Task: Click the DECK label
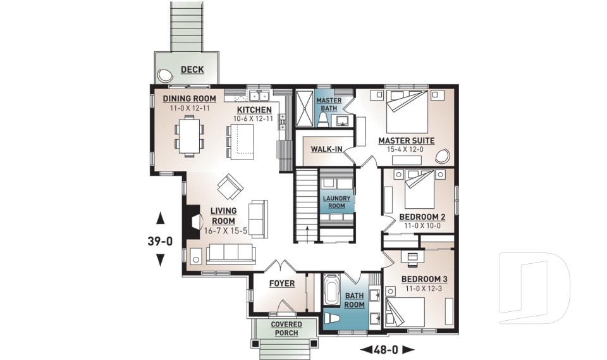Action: (192, 70)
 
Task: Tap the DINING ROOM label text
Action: (190, 99)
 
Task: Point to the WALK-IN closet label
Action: (326, 149)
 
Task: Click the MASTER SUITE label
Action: (406, 140)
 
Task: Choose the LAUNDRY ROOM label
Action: (336, 202)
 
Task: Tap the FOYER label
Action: (281, 283)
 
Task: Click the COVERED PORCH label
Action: (286, 329)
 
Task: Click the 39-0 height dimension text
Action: (161, 240)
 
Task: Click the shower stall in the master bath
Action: (305, 108)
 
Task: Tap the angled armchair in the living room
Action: (230, 187)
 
